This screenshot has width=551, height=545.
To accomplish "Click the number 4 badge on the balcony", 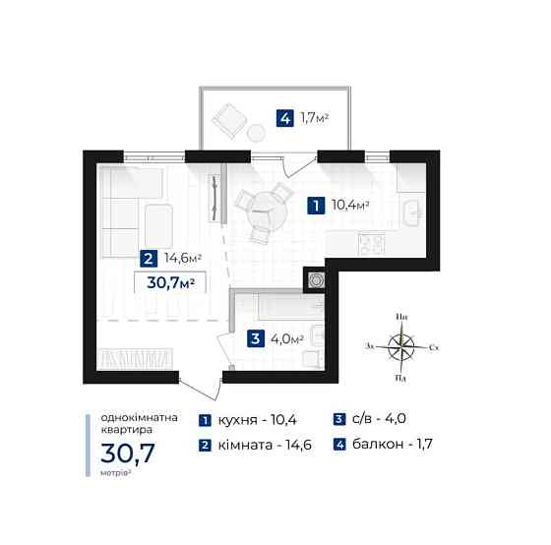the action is pyautogui.click(x=284, y=118).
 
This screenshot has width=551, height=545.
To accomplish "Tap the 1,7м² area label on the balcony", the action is pyautogui.click(x=314, y=118).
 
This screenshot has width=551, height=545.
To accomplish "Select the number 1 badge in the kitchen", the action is pyautogui.click(x=316, y=206).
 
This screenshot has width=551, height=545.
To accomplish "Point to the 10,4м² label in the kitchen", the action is pyautogui.click(x=350, y=205).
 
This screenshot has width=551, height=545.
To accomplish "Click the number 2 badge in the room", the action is pyautogui.click(x=149, y=259).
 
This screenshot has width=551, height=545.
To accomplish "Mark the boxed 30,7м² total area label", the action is pyautogui.click(x=170, y=282).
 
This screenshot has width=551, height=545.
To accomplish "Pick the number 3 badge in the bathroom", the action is pyautogui.click(x=256, y=339).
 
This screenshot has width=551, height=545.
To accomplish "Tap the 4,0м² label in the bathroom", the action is pyautogui.click(x=286, y=339).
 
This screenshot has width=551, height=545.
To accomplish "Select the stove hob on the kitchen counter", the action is pyautogui.click(x=372, y=244).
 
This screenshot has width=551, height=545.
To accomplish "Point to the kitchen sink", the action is pyautogui.click(x=411, y=212).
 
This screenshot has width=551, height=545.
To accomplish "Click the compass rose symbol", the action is pyautogui.click(x=401, y=347).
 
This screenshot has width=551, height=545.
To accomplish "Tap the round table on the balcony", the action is pyautogui.click(x=256, y=133).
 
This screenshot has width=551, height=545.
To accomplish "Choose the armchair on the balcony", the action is pyautogui.click(x=228, y=120).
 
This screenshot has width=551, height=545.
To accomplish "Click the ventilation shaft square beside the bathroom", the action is pyautogui.click(x=315, y=280).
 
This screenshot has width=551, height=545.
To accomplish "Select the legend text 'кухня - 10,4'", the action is pyautogui.click(x=258, y=420).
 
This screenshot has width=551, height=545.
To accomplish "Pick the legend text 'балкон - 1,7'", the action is pyautogui.click(x=393, y=444).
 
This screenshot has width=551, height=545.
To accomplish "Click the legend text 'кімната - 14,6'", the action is pyautogui.click(x=265, y=446).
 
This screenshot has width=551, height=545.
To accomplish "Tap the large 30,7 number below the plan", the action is pyautogui.click(x=128, y=454).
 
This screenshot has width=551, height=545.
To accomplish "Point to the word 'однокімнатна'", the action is pyautogui.click(x=139, y=418).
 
